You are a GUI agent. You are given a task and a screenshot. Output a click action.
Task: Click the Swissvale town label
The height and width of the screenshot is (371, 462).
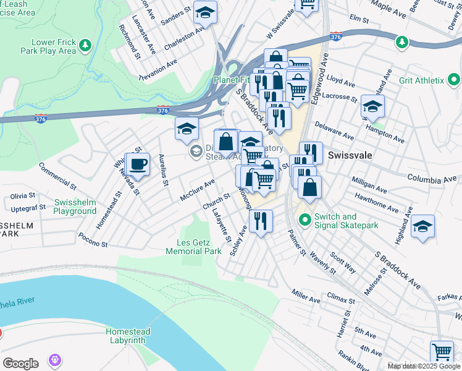[x=350, y=155]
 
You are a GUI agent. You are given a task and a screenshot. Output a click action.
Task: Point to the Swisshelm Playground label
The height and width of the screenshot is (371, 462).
[x=75, y=207]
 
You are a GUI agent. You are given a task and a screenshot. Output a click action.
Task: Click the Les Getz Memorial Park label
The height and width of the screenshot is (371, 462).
[x=193, y=247]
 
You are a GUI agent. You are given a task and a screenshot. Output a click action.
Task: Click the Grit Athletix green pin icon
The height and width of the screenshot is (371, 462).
[x=454, y=80]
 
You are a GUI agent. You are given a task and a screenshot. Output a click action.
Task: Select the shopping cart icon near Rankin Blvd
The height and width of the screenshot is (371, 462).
[x=442, y=351]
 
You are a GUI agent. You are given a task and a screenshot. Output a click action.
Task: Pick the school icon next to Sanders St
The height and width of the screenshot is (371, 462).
[x=204, y=12]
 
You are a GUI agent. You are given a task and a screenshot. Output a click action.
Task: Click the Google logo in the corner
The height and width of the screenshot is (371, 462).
[x=20, y=364]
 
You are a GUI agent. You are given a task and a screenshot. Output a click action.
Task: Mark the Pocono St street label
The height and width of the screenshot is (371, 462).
[x=93, y=240]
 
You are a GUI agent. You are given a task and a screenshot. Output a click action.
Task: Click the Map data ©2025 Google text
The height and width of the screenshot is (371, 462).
[x=424, y=366]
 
